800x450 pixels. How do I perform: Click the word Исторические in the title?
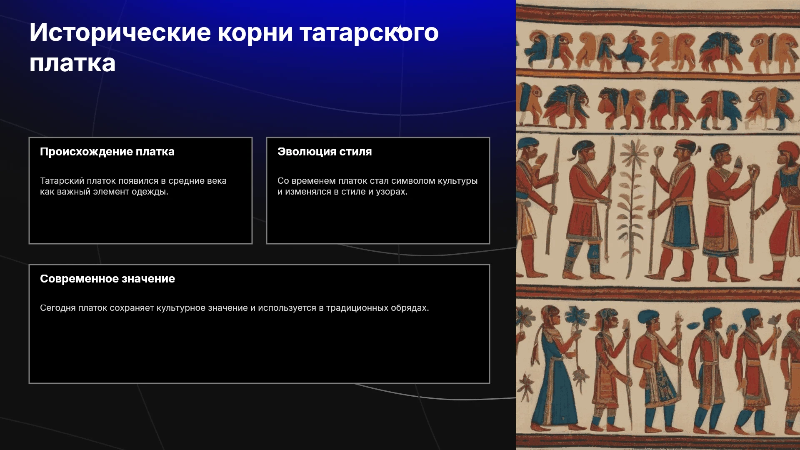coord(120,32)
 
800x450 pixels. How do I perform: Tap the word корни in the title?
coord(255,32)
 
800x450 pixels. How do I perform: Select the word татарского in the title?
coord(369,32)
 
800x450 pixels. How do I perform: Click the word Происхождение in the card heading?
coord(86,152)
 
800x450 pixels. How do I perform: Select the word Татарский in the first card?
coord(62,181)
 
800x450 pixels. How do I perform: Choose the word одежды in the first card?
coord(150,192)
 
